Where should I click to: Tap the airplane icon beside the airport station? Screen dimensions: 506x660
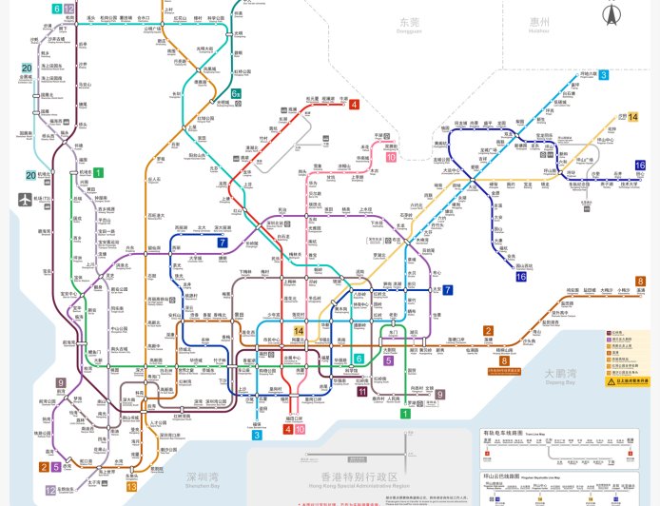[x=25, y=199]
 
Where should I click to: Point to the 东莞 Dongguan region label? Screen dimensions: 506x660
[x=409, y=23]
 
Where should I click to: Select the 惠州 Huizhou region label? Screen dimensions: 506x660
[x=539, y=23]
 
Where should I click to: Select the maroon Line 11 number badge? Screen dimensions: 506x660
[x=361, y=391]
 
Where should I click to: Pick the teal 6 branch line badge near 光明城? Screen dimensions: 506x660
[x=235, y=93]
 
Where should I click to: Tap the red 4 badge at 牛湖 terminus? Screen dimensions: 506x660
[x=354, y=104]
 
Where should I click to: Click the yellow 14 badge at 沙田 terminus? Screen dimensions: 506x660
[x=633, y=117]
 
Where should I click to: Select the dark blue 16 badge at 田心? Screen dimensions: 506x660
[x=640, y=165]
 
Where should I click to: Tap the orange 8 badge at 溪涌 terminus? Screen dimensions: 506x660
[x=640, y=281]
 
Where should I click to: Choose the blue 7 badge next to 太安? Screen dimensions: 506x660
[x=447, y=290]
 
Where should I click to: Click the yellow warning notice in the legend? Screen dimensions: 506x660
[x=629, y=380]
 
